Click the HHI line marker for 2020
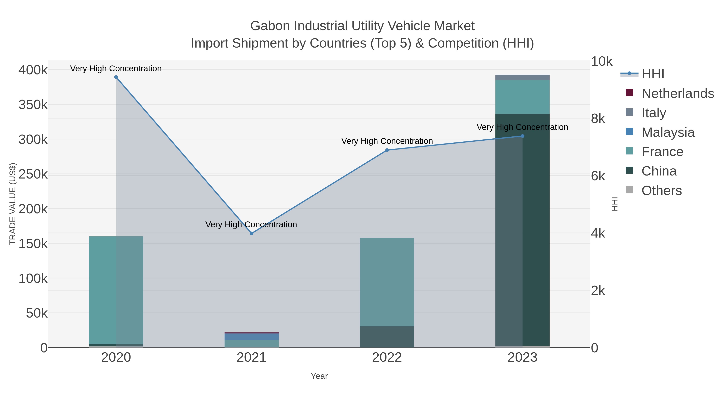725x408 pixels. (x=116, y=77)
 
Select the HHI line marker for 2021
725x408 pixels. (x=252, y=234)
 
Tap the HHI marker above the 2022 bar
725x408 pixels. (x=387, y=150)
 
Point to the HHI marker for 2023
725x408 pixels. (x=522, y=136)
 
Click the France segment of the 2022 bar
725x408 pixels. (x=387, y=282)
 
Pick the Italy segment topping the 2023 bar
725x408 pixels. (x=522, y=77)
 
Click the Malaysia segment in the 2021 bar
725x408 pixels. (x=252, y=336)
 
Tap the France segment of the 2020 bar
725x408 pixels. (x=116, y=290)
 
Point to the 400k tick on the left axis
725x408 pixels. (x=33, y=70)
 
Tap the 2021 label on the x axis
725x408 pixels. (x=252, y=358)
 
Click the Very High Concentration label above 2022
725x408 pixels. (x=387, y=141)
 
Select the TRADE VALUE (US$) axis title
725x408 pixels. (x=13, y=204)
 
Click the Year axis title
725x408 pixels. (x=319, y=376)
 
